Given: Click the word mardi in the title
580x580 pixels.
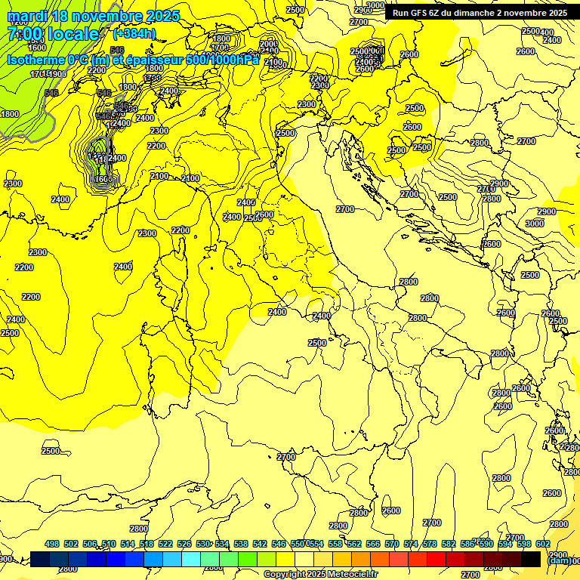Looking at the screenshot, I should [x=31, y=16].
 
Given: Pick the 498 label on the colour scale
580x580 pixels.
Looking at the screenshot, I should [x=52, y=545].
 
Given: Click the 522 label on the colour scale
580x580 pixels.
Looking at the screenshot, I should [x=165, y=545].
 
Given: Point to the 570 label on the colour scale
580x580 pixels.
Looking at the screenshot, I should [x=392, y=545].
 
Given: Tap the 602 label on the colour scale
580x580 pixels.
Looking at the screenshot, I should [x=543, y=545].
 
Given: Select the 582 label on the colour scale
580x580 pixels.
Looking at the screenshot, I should [x=449, y=545].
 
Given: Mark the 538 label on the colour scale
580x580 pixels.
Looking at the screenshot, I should [x=241, y=545].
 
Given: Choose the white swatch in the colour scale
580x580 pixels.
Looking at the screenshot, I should [x=305, y=559].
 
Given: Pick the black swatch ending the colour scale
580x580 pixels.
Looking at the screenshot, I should [x=531, y=559].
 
